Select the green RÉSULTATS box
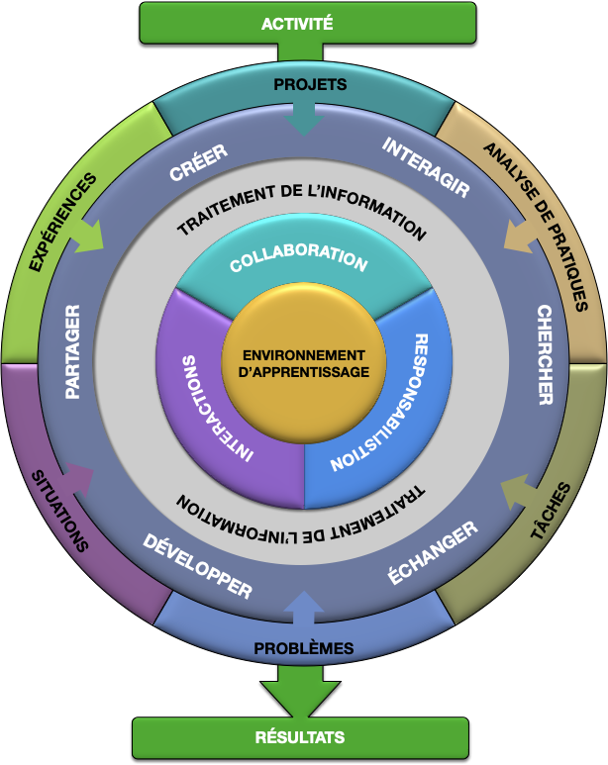pos(300,737)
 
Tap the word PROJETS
pos(309,85)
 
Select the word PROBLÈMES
pos(304,649)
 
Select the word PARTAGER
pos(72,351)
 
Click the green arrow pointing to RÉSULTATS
pos(301,693)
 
